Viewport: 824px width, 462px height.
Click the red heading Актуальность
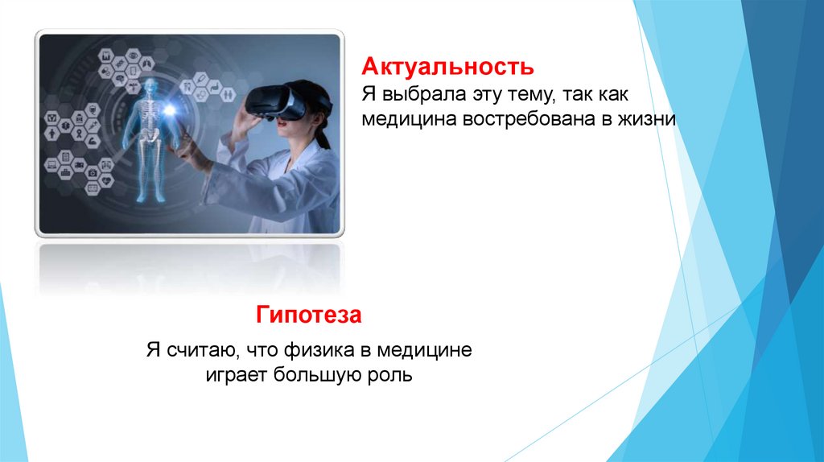point(447,64)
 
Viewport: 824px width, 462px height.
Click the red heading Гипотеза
point(309,314)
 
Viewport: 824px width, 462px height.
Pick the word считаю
point(201,351)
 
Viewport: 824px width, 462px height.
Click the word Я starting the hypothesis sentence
point(153,351)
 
